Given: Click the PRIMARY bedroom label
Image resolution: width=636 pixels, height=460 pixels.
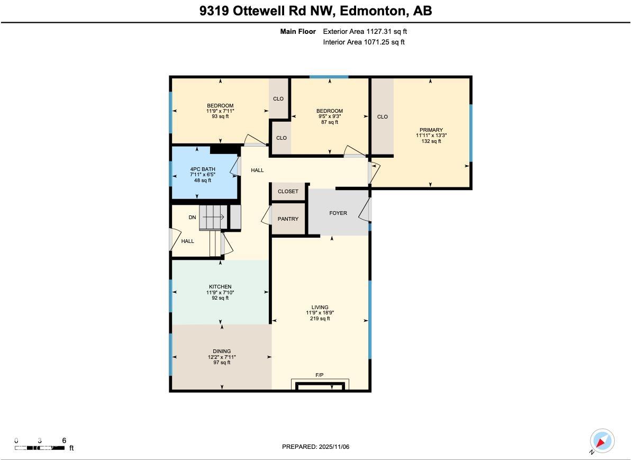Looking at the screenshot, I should [x=431, y=130].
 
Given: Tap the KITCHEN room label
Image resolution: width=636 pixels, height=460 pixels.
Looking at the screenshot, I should [x=220, y=287].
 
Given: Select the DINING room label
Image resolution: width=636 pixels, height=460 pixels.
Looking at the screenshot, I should [x=222, y=351].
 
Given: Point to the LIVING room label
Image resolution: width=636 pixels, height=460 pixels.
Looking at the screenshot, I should [x=320, y=308].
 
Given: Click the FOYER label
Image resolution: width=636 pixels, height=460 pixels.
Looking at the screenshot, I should [x=338, y=213].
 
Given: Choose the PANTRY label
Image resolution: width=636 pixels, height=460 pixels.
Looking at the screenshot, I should [x=288, y=219].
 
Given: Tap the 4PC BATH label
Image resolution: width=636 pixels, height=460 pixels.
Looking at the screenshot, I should [x=203, y=169].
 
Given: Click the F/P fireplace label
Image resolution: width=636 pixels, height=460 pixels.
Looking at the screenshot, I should [x=320, y=375].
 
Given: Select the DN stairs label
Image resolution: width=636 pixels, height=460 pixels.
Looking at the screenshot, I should [x=192, y=218].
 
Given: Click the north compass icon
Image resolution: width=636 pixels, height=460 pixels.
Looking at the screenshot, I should [x=602, y=441].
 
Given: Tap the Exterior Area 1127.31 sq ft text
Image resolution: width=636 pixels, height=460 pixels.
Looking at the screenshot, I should [x=365, y=32].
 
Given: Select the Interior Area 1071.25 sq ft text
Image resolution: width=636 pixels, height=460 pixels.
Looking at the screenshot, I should [x=364, y=42].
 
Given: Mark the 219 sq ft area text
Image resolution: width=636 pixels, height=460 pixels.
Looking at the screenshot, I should [x=320, y=319].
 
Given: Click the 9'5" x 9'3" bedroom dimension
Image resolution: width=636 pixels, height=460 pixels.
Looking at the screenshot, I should [x=330, y=116].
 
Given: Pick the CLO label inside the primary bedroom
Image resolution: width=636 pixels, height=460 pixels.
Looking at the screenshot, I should [x=382, y=117].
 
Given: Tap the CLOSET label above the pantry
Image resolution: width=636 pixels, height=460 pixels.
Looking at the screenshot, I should [x=288, y=192].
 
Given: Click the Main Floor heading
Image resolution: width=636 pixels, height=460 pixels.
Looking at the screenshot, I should [x=298, y=32].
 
